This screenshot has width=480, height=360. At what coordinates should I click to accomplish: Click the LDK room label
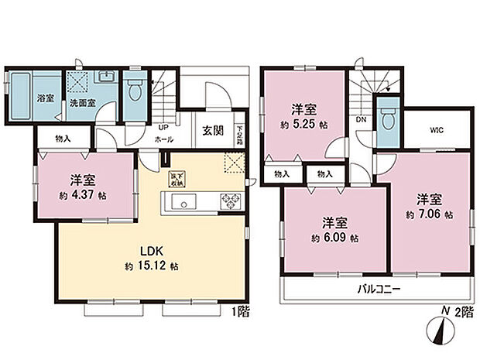149,252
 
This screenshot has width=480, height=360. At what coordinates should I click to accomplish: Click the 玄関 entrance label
214,131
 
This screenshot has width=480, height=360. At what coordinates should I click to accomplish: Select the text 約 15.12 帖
153,266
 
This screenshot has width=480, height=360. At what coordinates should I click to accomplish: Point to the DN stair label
361,121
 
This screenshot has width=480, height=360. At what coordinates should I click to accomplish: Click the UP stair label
163,127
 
